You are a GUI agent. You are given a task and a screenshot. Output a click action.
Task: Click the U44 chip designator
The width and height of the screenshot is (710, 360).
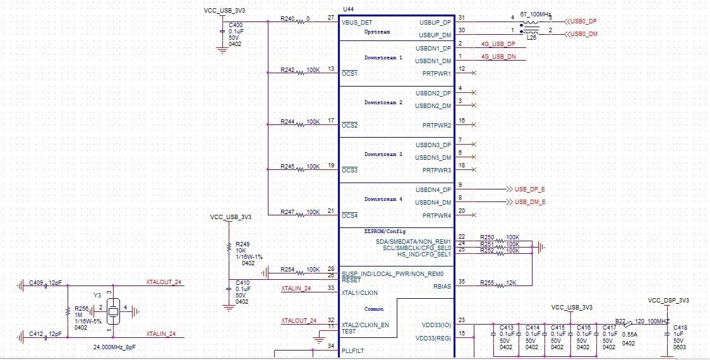tap(347, 9)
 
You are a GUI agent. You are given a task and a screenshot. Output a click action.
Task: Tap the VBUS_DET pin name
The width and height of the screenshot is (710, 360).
tap(357, 22)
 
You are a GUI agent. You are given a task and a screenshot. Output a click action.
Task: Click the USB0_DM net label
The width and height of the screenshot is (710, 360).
tap(583, 33)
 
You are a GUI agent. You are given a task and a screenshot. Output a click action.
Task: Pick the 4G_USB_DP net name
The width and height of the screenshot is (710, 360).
tap(498, 44)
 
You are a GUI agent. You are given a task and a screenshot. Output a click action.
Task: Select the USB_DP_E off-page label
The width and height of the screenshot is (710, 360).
tap(530, 189)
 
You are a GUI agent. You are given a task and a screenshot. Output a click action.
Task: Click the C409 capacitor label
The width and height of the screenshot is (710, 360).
tap(35, 284)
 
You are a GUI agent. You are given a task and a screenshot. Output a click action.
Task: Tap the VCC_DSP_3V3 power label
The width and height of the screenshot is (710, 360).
tap(668, 300)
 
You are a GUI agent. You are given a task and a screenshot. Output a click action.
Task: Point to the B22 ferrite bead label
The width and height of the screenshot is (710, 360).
tap(621, 321)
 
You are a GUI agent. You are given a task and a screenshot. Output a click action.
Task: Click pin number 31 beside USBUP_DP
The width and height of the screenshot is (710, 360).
tap(462, 18)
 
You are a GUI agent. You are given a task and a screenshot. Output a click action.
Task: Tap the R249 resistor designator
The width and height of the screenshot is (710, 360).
tap(243, 243)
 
